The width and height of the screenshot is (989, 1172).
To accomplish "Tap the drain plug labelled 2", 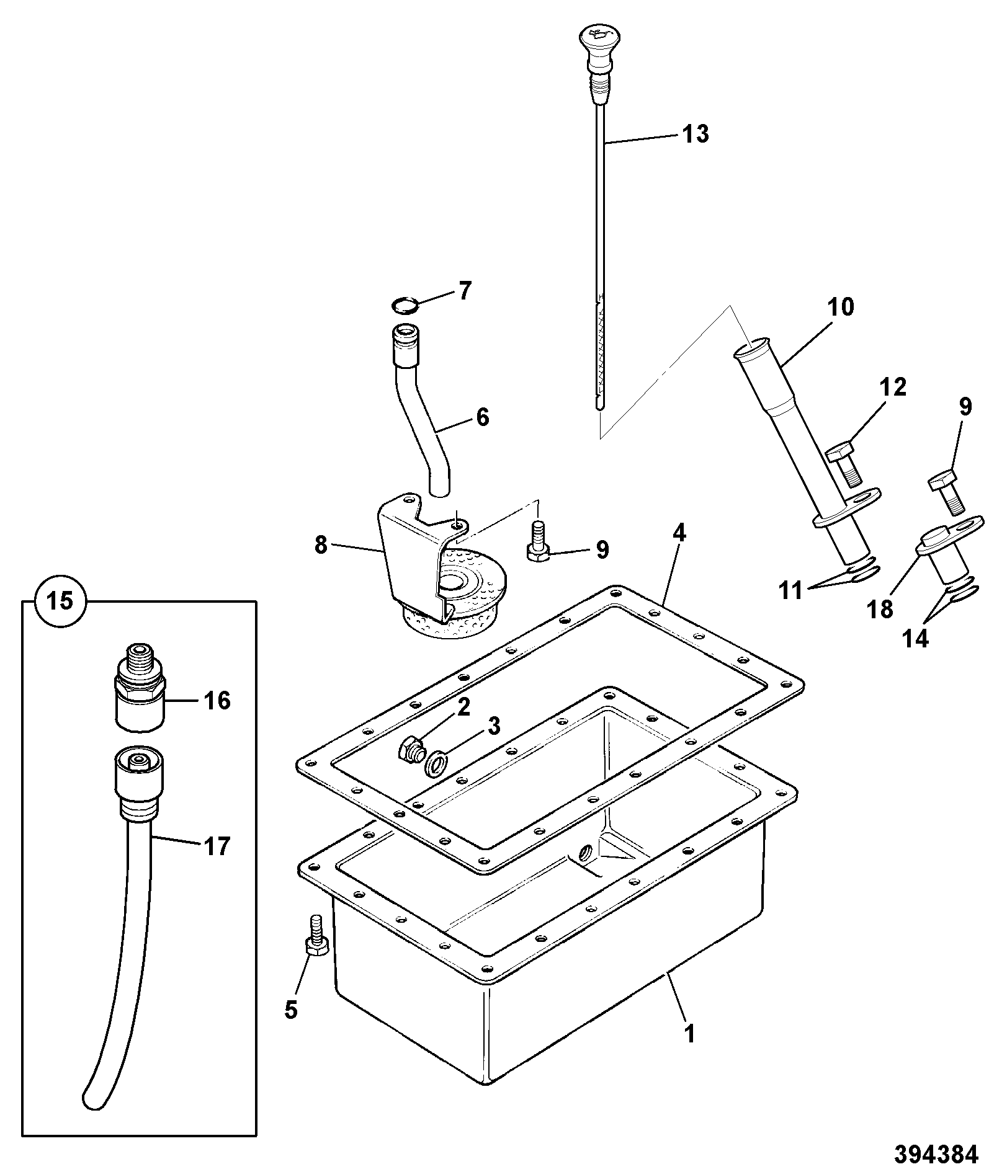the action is [x=411, y=752].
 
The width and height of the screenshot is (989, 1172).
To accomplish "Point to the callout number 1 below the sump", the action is [x=689, y=1034].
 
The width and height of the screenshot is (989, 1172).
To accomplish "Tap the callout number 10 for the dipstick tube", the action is [x=840, y=308].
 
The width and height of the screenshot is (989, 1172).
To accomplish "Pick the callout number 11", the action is [x=790, y=591].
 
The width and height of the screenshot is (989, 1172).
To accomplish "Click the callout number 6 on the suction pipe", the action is [x=483, y=417].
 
